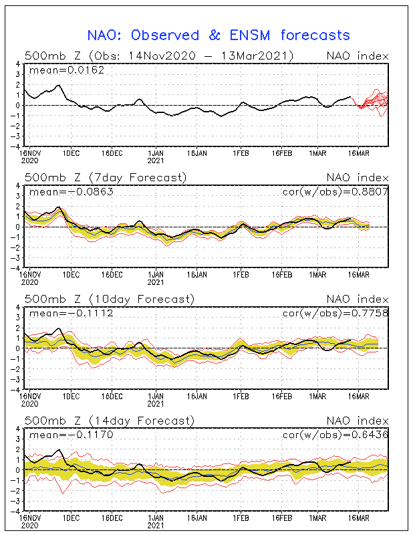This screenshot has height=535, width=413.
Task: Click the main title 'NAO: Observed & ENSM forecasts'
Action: pos(219,35)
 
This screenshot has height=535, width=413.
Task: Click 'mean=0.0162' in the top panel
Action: pos(67,70)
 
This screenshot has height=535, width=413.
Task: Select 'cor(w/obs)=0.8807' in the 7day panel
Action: pos(335,192)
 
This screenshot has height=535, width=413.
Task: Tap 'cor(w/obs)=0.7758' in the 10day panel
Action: pos(335,313)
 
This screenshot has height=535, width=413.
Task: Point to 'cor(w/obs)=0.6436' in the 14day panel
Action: pos(335,435)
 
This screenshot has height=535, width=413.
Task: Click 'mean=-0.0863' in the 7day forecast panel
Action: pos(72,192)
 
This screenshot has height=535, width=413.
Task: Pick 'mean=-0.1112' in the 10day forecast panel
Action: pos(72,313)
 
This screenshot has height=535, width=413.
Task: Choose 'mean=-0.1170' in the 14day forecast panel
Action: pos(72,435)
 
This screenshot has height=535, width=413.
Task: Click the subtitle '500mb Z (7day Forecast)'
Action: pos(106,177)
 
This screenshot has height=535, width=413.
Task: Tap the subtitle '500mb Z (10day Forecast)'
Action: pos(110,299)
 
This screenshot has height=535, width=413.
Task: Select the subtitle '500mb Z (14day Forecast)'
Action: pos(110,421)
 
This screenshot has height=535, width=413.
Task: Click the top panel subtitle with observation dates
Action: pos(159,56)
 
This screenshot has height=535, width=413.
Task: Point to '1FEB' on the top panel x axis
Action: pos(241,153)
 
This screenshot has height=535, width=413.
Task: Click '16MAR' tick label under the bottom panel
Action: pos(359,518)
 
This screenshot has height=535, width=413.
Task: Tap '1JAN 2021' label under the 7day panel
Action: pos(156,278)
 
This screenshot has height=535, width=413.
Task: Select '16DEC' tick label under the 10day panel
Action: pos(112,397)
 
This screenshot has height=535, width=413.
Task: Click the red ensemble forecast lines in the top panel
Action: pos(370,102)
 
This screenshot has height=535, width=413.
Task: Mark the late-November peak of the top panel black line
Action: pos(59,86)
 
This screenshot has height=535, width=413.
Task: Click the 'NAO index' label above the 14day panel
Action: pos(358,421)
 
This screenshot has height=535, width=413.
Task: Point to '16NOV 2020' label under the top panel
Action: pos(29,156)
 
